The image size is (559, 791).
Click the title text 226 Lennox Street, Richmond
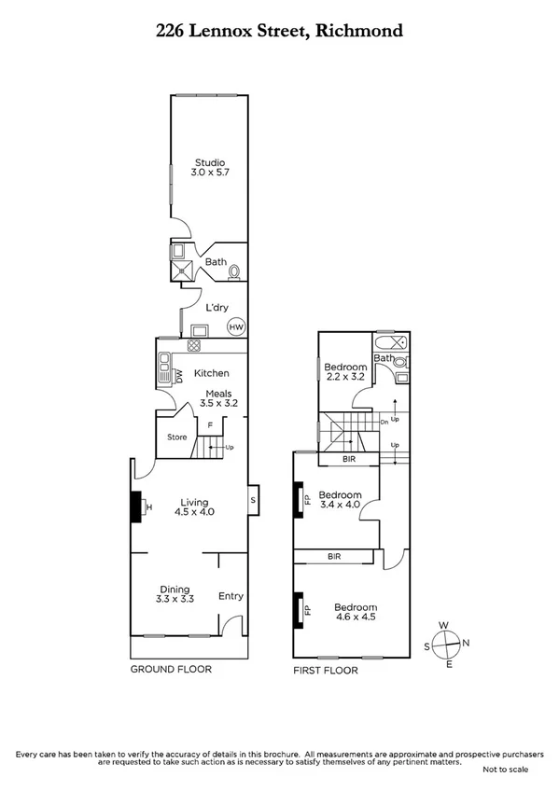(x=279, y=31)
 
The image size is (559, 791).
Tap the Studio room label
(x=210, y=163)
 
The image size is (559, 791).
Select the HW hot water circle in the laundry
(x=237, y=327)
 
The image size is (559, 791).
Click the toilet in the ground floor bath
(x=234, y=271)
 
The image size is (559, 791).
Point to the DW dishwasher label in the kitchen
(x=178, y=376)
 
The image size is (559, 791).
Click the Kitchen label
(x=211, y=373)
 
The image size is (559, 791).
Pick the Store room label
(x=176, y=437)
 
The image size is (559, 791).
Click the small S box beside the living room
(x=253, y=501)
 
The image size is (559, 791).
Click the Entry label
(x=231, y=596)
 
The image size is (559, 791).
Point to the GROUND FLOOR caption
(x=171, y=669)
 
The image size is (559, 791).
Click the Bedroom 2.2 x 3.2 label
(x=345, y=373)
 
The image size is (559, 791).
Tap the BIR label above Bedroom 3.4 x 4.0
(x=349, y=459)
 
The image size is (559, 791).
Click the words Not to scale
(x=505, y=770)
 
